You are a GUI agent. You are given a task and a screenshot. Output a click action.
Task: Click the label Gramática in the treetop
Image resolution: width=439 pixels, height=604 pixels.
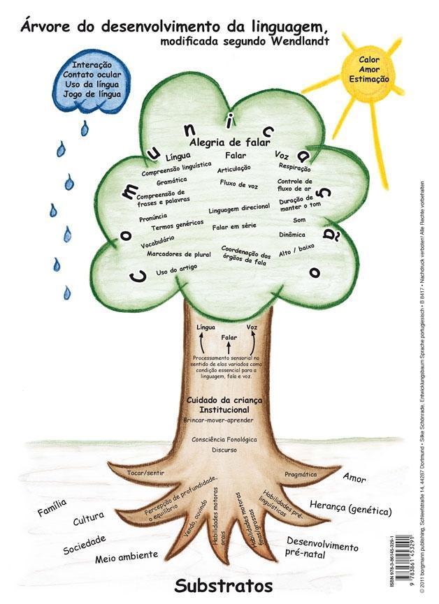[x=171, y=180]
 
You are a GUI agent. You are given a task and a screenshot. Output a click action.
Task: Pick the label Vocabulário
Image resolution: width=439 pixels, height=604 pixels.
[x=157, y=242]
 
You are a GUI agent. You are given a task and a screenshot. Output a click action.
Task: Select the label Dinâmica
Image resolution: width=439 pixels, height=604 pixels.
[x=292, y=235]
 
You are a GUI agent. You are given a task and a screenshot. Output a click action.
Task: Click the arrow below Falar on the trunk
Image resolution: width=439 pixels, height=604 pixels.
[x=228, y=347]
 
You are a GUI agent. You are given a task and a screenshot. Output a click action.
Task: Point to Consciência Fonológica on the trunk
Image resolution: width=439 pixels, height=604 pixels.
[x=225, y=439]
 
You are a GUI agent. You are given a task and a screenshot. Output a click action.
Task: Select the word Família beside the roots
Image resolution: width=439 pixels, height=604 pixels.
[x=52, y=508]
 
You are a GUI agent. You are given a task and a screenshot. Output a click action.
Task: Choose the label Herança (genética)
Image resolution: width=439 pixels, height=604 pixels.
[x=350, y=507]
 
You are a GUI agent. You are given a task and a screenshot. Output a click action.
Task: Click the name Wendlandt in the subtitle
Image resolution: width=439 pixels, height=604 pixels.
[x=292, y=41]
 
